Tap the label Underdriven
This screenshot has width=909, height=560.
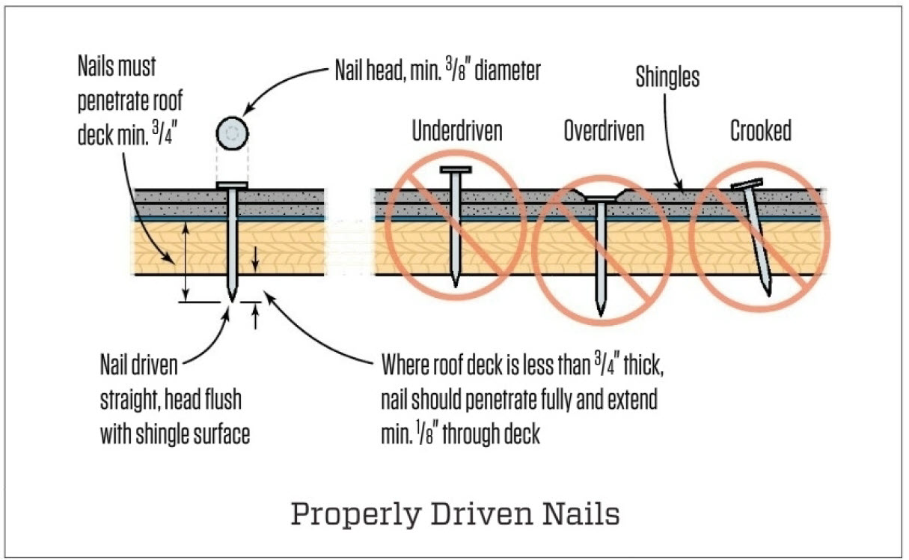pyautogui.click(x=457, y=131)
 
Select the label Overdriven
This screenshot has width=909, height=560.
pyautogui.click(x=603, y=132)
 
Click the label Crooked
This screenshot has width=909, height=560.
pyautogui.click(x=761, y=131)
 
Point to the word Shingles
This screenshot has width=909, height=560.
pyautogui.click(x=667, y=76)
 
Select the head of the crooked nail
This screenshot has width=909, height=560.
pyautogui.click(x=747, y=183)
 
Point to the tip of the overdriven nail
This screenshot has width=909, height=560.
pyautogui.click(x=600, y=312)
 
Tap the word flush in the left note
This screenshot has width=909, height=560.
pyautogui.click(x=223, y=400)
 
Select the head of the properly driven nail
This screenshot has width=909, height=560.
pyautogui.click(x=232, y=184)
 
